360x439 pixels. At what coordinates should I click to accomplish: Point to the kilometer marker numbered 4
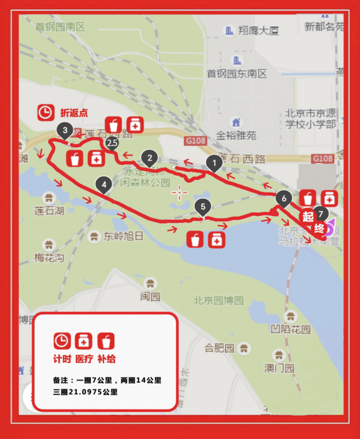pos(104,185)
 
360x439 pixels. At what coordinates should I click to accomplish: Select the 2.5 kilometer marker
pos(112,142)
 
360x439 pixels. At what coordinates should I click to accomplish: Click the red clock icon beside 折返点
pos(46,112)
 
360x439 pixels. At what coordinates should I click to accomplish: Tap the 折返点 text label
pos(74,113)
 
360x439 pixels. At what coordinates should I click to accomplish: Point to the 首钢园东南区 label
pos(237,73)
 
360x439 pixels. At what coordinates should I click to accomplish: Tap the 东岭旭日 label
pos(124,236)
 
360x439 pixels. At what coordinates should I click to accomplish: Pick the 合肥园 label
pos(219,348)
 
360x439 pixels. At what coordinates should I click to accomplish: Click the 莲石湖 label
pos(49,211)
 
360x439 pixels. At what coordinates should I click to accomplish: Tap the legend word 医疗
pos(84,359)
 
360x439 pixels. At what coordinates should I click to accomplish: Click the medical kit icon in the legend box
pos(83,341)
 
